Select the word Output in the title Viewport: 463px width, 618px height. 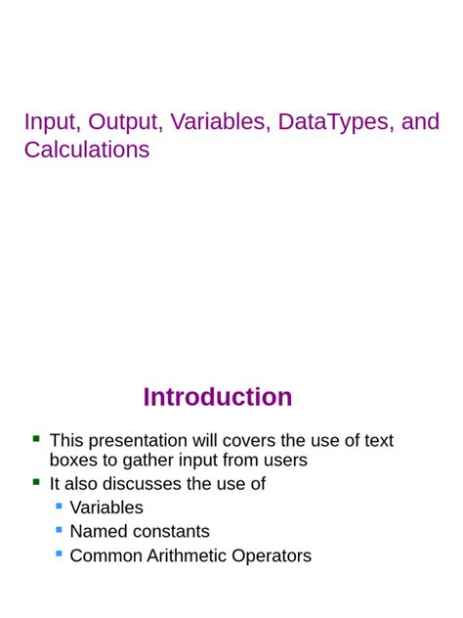point(124,122)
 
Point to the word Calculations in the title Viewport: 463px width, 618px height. point(87,150)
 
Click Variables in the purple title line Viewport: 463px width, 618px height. point(220,122)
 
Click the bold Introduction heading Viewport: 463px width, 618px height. point(218,397)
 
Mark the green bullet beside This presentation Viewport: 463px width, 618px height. point(36,439)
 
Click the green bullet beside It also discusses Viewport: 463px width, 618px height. point(36,482)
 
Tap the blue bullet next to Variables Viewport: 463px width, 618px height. point(60,506)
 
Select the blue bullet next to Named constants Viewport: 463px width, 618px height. point(60,529)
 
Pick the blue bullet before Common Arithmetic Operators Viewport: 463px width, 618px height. point(60,553)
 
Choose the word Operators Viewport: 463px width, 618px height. point(274,555)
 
